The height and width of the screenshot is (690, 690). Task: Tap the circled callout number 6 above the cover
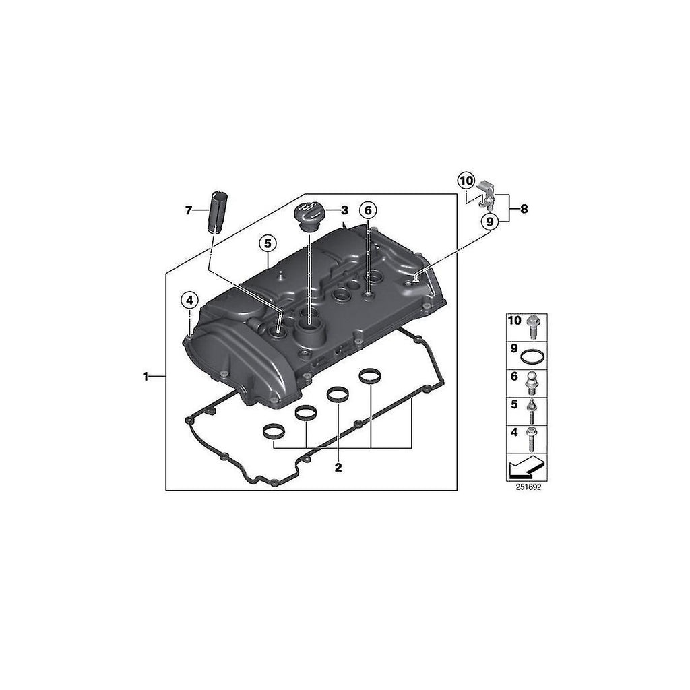pyautogui.click(x=368, y=210)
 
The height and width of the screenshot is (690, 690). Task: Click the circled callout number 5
pyautogui.click(x=268, y=243)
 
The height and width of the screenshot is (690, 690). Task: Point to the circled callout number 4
pyautogui.click(x=189, y=301)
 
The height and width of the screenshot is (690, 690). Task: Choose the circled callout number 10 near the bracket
pyautogui.click(x=466, y=180)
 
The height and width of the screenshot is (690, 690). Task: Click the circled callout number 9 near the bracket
pyautogui.click(x=490, y=221)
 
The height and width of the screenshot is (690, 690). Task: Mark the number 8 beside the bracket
pyautogui.click(x=524, y=209)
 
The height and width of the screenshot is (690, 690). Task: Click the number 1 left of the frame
pyautogui.click(x=146, y=377)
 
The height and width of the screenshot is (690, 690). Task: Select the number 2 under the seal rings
pyautogui.click(x=338, y=468)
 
